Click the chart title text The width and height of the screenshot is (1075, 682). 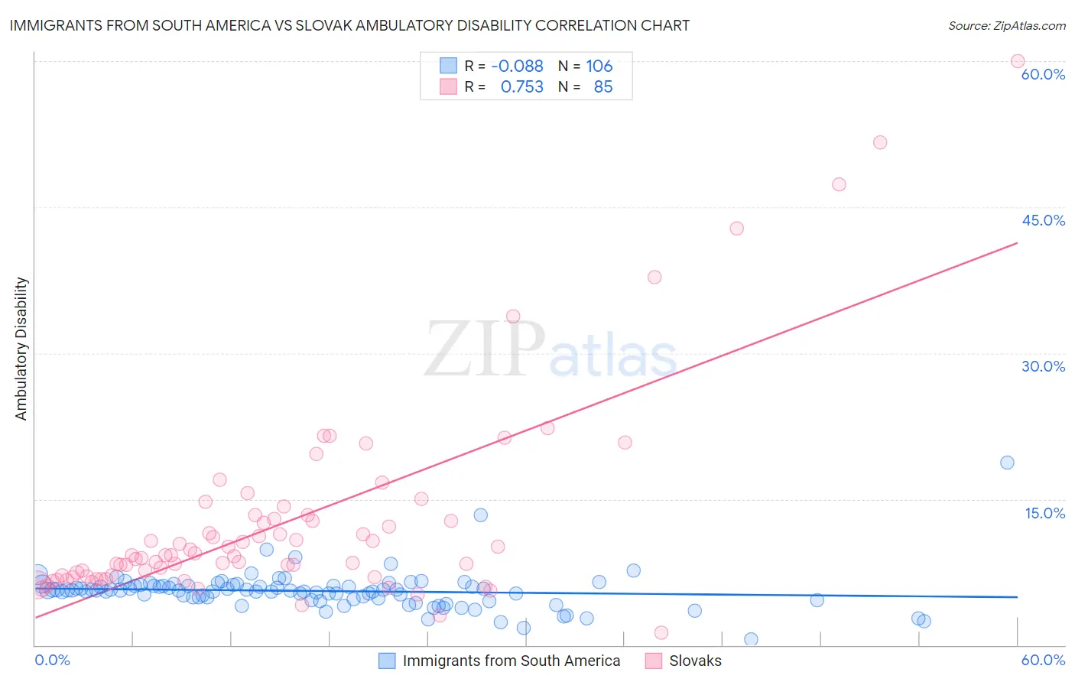pos(349,25)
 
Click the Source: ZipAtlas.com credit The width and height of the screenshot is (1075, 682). pos(1006,25)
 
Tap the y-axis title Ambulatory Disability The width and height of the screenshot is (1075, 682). pos(21,349)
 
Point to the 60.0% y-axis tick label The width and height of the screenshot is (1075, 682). pos(1043,74)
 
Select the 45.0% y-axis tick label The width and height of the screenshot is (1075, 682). pos(1043,220)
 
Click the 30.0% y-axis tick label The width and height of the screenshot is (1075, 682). pos(1043,366)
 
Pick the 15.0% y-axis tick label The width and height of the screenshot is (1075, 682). pos(1044,513)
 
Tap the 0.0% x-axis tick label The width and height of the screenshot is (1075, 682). pos(52,660)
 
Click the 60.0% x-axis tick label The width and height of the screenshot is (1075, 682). pos(1043,660)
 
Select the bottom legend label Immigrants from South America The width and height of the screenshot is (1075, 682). pos(511,661)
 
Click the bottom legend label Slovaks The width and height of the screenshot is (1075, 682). pos(695,661)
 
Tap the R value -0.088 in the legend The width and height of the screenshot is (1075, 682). pos(517,67)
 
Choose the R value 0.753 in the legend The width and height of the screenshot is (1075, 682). pos(521,87)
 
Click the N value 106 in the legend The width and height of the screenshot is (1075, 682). pos(599,67)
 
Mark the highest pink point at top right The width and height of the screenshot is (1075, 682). pos(1018,61)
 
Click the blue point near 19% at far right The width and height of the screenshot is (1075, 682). pos(1007,463)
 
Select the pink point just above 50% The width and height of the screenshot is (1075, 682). pos(880,142)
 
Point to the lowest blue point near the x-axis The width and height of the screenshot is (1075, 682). pos(751,639)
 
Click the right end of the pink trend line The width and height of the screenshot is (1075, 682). pos(1017,243)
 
